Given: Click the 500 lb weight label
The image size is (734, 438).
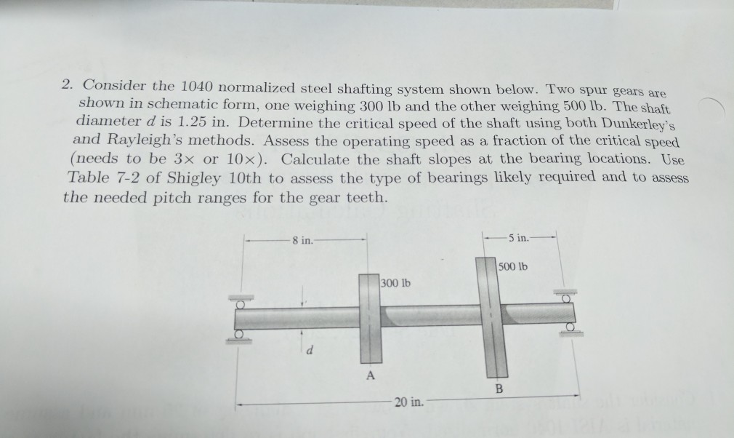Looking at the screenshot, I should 513,266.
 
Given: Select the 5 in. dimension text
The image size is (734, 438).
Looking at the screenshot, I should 520,237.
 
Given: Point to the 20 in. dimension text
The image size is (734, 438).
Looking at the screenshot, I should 406,402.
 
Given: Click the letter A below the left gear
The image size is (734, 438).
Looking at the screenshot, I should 371,376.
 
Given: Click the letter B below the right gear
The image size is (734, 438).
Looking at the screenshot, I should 499,389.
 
